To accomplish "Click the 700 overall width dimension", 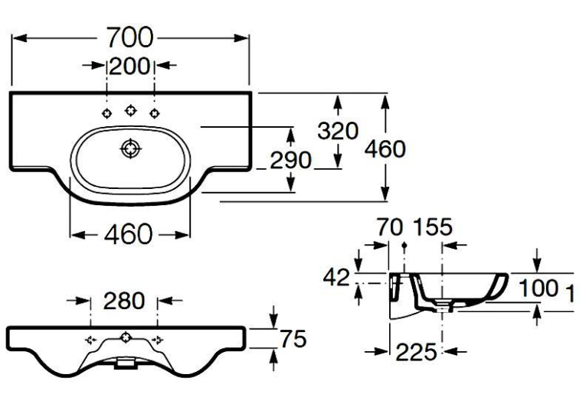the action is (x=129, y=37).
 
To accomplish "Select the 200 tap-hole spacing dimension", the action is (x=129, y=67).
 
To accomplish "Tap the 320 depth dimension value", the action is (x=338, y=131).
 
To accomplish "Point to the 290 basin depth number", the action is (x=290, y=161).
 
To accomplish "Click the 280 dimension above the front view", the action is (x=123, y=301).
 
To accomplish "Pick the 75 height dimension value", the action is (x=293, y=339).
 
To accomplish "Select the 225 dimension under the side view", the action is (x=416, y=352).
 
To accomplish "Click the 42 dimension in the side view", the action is (x=336, y=278).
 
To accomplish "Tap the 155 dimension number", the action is (x=432, y=227).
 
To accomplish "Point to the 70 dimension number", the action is (x=390, y=227).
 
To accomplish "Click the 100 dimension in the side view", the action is (x=539, y=288).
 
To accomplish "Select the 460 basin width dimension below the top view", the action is (x=128, y=234).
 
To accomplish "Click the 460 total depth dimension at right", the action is (x=385, y=149).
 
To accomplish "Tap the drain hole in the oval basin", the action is (x=131, y=149).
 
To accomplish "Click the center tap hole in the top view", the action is (x=131, y=110).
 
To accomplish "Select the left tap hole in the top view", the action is (x=107, y=113).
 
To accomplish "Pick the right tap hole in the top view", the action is (x=155, y=113).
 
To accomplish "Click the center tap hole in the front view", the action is (x=125, y=337).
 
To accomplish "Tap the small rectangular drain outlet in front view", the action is (x=126, y=363).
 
